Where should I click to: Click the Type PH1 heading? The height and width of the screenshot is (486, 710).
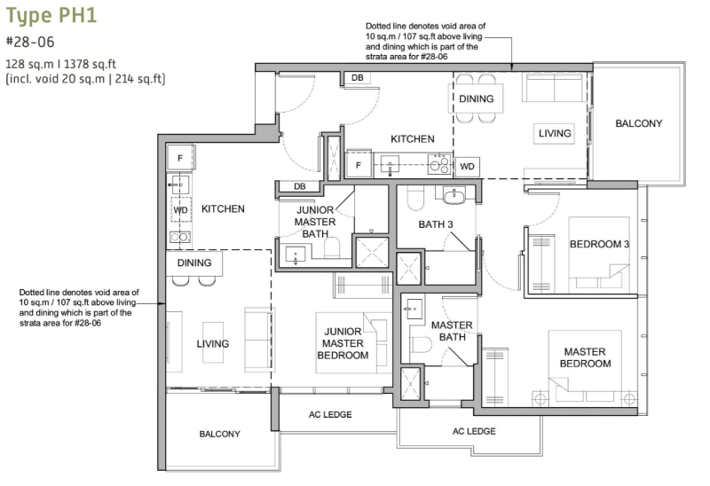(51, 15)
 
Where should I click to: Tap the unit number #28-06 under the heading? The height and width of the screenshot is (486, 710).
(30, 42)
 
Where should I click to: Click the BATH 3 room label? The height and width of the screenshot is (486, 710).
(436, 224)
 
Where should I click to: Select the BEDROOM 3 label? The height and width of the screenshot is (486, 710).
(600, 245)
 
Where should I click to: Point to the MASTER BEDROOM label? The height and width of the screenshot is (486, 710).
(585, 357)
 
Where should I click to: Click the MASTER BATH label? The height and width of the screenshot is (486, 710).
(452, 331)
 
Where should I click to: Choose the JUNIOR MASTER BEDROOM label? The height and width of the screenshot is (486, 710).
(343, 343)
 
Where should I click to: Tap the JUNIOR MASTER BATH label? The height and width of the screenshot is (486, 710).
(315, 222)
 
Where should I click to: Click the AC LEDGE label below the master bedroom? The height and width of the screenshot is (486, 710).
(474, 431)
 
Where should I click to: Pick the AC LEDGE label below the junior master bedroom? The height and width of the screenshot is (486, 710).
(330, 414)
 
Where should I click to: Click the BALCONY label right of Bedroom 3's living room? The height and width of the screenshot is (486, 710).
(638, 123)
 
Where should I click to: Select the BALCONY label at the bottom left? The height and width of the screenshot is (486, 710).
(219, 434)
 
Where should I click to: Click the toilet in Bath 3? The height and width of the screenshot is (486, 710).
(415, 198)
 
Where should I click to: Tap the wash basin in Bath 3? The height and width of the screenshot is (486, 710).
(454, 196)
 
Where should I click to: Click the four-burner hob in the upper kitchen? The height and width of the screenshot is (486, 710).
(439, 164)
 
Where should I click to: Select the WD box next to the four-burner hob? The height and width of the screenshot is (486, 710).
(467, 167)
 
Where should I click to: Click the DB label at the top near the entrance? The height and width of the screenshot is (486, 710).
(358, 78)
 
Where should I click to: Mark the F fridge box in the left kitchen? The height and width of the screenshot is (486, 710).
(180, 158)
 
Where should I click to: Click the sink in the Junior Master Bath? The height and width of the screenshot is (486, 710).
(296, 255)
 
